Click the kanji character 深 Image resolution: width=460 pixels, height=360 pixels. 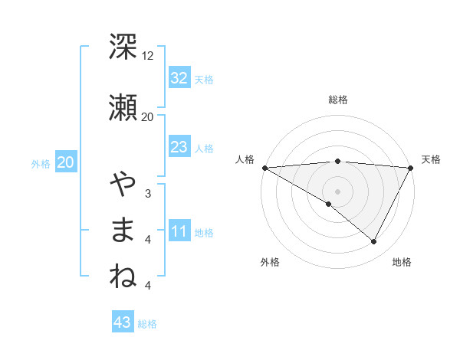click(x=123, y=47)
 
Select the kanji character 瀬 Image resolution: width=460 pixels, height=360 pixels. click(x=123, y=106)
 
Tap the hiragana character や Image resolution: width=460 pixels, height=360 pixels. click(x=123, y=184)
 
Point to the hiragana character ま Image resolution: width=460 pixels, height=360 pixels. click(x=123, y=230)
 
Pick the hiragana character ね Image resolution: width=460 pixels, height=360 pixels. click(x=123, y=276)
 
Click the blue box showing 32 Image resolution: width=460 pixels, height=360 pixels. click(x=179, y=78)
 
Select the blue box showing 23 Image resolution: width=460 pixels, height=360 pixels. click(x=179, y=147)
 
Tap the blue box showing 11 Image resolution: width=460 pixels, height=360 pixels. click(x=179, y=231)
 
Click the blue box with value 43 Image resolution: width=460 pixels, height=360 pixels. click(x=123, y=322)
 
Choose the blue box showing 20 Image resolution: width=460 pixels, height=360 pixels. click(x=65, y=162)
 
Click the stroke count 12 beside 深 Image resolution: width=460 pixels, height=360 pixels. click(x=147, y=56)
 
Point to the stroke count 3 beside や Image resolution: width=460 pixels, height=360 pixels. click(x=147, y=194)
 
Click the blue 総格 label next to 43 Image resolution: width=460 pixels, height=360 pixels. click(x=147, y=324)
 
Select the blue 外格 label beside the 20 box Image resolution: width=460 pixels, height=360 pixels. click(x=41, y=163)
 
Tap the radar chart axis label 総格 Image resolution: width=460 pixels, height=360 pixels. click(x=337, y=100)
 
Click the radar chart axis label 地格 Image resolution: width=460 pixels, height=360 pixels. click(x=402, y=263)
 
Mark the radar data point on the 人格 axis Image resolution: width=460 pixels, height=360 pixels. click(x=264, y=167)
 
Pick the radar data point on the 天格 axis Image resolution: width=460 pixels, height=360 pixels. click(x=410, y=167)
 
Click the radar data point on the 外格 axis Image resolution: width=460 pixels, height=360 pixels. click(x=329, y=204)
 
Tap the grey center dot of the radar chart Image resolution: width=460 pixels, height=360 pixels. click(x=337, y=191)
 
